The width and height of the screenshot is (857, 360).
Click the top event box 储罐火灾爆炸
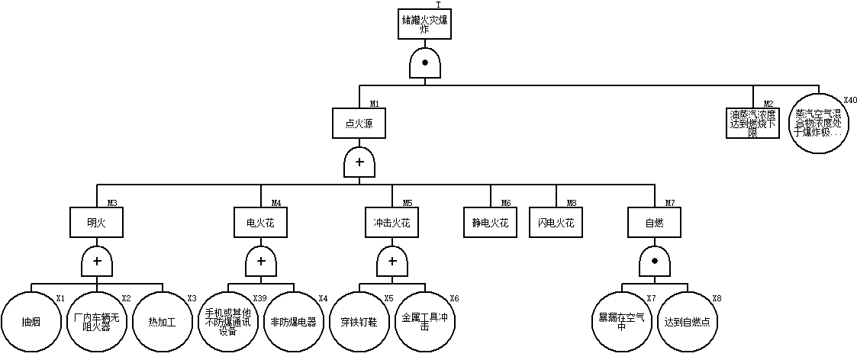(x=424, y=24)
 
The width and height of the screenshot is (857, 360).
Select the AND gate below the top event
(x=424, y=63)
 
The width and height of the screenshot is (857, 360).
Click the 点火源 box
(x=359, y=122)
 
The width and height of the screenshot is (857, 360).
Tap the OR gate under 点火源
(x=359, y=162)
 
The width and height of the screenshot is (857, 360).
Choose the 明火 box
(x=97, y=223)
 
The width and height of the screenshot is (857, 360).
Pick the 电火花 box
(x=260, y=223)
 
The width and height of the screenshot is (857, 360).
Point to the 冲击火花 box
(x=392, y=223)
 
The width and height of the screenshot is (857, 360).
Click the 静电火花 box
(x=490, y=223)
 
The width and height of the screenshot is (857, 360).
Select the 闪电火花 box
(x=556, y=223)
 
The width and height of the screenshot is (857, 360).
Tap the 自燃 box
(x=654, y=223)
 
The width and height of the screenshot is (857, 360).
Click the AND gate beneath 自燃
(x=654, y=262)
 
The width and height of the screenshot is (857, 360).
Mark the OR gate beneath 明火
(x=97, y=262)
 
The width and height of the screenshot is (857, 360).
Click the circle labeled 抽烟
(x=31, y=322)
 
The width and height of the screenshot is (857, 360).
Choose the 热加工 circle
(x=162, y=322)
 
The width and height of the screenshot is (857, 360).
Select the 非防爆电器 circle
(x=293, y=322)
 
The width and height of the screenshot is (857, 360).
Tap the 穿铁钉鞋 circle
(x=359, y=322)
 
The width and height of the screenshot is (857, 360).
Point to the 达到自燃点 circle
(x=687, y=322)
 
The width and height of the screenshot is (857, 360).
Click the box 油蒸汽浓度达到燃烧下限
(x=752, y=122)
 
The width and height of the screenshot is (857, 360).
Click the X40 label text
(x=850, y=100)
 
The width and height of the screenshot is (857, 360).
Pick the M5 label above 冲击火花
(x=408, y=203)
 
